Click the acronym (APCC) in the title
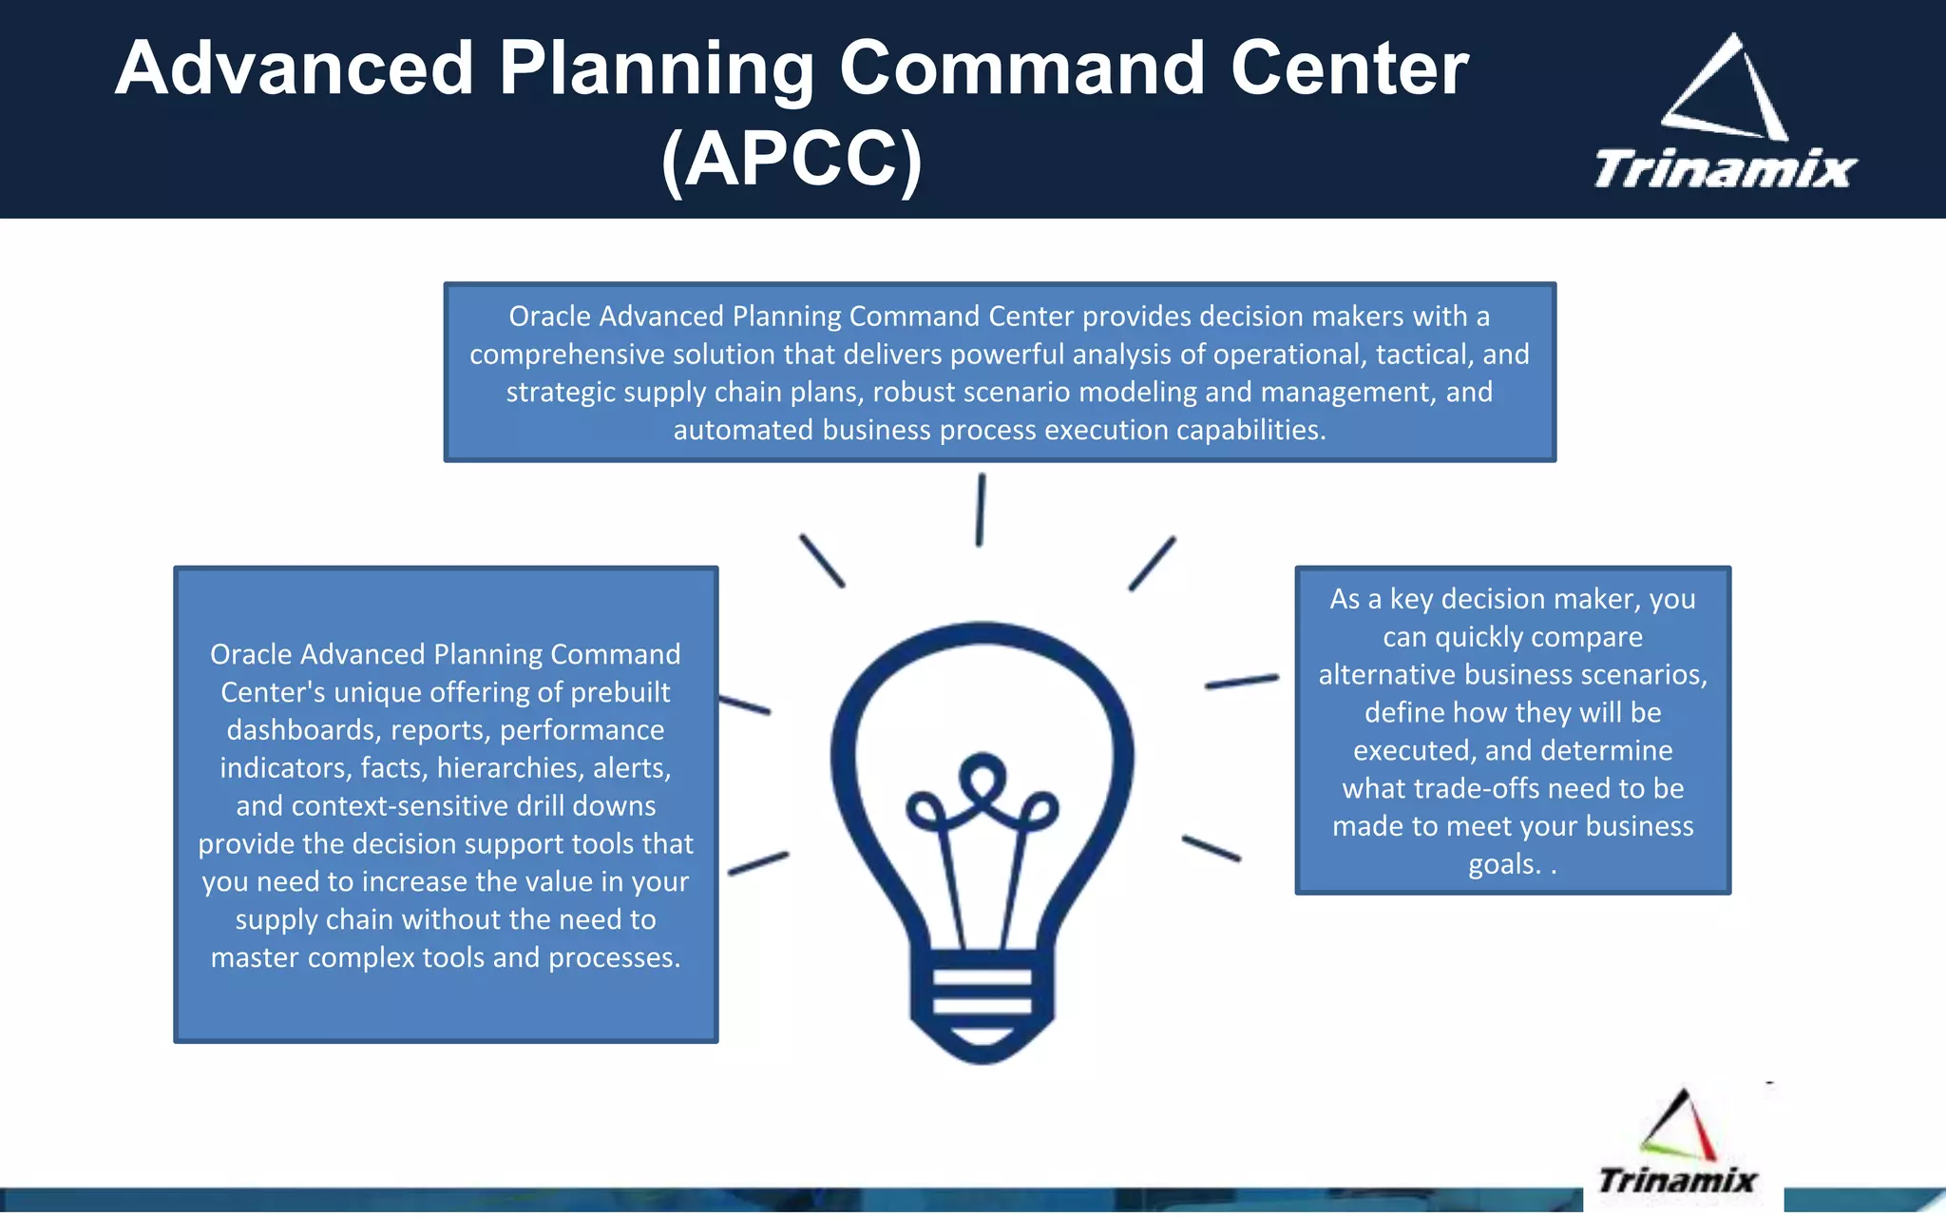coord(792,160)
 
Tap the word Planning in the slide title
coord(656,70)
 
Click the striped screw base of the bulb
coord(982,994)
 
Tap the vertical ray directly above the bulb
coord(981,511)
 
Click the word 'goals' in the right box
coord(1502,864)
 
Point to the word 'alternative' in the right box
coord(1387,675)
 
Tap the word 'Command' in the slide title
coord(1021,70)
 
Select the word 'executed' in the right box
coord(1414,751)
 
